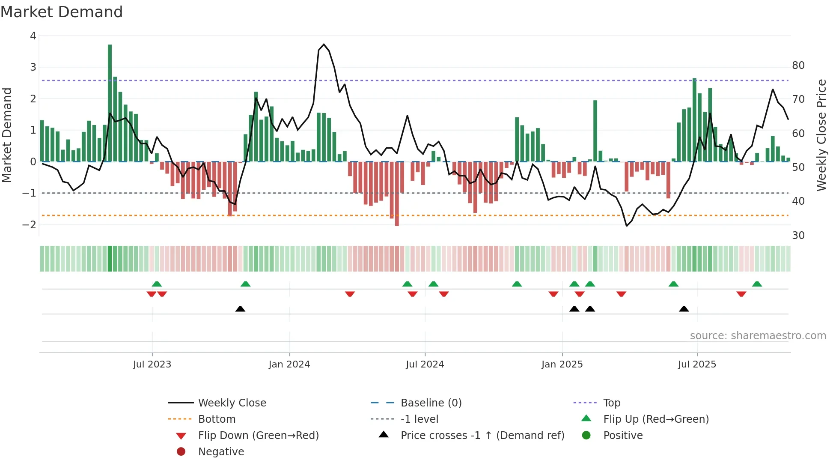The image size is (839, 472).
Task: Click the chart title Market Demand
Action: [x=62, y=12]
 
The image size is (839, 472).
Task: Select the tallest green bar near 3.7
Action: [x=110, y=103]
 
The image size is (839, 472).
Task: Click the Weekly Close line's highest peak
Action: [x=324, y=45]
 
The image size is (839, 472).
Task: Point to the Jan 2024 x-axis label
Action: [x=289, y=364]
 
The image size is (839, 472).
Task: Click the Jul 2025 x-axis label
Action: [x=696, y=364]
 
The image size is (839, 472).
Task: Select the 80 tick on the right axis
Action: [x=798, y=66]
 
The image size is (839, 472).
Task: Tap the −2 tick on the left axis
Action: [x=29, y=224]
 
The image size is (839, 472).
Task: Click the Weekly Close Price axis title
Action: [x=821, y=135]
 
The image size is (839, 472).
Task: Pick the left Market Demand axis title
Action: [x=7, y=135]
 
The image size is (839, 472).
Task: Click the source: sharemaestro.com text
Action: [x=758, y=336]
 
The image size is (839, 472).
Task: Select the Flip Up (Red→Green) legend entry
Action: [x=656, y=419]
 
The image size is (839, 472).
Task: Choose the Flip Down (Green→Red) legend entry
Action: [x=258, y=435]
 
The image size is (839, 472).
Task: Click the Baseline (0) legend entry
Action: [x=431, y=403]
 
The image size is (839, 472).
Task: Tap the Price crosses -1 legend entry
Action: [x=482, y=435]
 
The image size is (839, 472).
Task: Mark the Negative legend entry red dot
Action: [x=181, y=451]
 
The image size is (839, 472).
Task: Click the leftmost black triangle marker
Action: [x=240, y=309]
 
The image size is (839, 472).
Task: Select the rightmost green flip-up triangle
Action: [x=757, y=284]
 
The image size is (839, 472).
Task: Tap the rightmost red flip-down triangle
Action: [x=741, y=294]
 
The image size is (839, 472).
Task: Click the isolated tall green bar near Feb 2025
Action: [x=595, y=131]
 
